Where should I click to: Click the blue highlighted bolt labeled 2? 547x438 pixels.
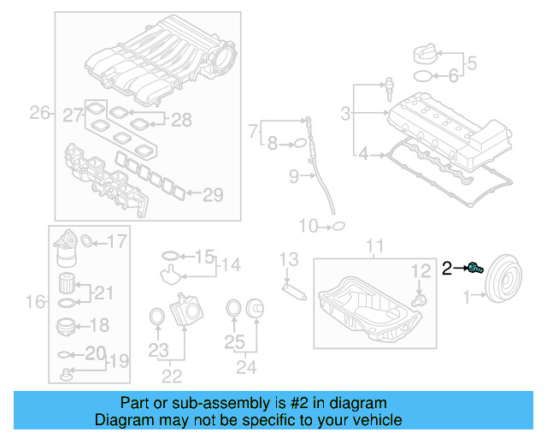pos(475,269)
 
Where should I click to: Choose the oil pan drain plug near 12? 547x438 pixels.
pos(418,301)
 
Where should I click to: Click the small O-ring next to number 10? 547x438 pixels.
pos(338,227)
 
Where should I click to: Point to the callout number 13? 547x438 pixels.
pos(289,258)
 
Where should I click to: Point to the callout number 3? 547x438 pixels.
pos(346,113)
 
